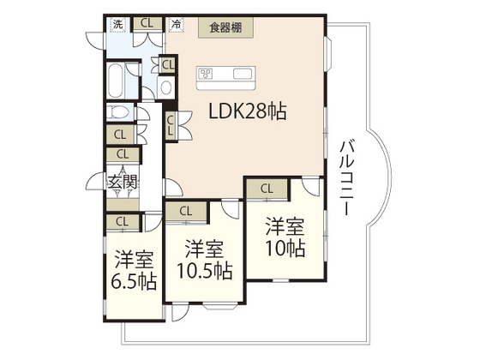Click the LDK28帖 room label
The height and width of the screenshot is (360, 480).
pyautogui.click(x=248, y=111)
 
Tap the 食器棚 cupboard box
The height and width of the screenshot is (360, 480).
pyautogui.click(x=225, y=27)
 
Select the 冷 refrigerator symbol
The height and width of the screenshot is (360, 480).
pyautogui.click(x=177, y=24)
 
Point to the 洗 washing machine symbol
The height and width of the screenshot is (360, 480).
pyautogui.click(x=118, y=24)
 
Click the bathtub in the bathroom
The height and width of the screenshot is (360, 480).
pyautogui.click(x=116, y=81)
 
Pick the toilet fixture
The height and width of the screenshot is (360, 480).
pyautogui.click(x=118, y=111)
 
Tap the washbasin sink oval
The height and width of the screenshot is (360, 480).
pyautogui.click(x=166, y=87)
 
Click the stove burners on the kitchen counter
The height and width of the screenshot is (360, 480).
pyautogui.click(x=205, y=74)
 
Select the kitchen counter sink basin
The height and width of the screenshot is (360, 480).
pyautogui.click(x=243, y=74)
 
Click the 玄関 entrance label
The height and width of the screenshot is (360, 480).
pyautogui.click(x=122, y=183)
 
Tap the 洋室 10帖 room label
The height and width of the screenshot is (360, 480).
pyautogui.click(x=285, y=237)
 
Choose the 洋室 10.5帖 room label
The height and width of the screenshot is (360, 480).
pyautogui.click(x=205, y=260)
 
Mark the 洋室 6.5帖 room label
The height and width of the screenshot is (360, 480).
pyautogui.click(x=134, y=270)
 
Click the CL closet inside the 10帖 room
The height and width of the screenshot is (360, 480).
pyautogui.click(x=267, y=189)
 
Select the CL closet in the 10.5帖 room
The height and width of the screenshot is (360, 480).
pyautogui.click(x=186, y=211)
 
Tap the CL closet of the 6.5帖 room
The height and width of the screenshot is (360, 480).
pyautogui.click(x=122, y=221)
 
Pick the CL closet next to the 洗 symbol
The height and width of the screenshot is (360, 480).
pyautogui.click(x=147, y=23)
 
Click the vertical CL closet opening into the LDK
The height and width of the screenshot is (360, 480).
pyautogui.click(x=171, y=125)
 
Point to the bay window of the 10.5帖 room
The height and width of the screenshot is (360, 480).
pyautogui.click(x=219, y=305)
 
